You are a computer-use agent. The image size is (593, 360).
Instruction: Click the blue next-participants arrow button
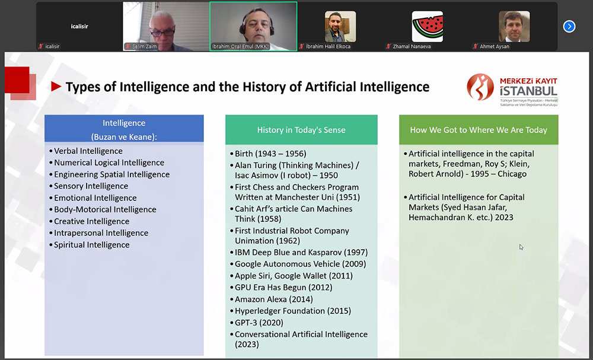point(569,27)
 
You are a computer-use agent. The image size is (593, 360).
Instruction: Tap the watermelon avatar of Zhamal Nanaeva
point(428,27)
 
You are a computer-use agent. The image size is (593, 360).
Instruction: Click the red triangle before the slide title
point(56,87)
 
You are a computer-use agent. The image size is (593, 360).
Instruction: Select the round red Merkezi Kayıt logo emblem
point(480,87)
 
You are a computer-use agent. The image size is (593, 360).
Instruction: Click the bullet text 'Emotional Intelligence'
point(95,197)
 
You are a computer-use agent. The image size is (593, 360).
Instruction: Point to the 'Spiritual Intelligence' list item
point(92,245)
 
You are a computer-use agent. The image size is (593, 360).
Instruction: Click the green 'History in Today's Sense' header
point(301,130)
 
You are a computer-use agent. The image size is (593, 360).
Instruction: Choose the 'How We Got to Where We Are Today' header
point(479,130)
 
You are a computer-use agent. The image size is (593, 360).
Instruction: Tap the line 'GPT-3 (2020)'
point(259,323)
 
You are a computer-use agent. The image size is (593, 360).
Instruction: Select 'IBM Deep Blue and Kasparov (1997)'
point(301,252)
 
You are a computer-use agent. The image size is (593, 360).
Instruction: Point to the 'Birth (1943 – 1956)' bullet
point(270,154)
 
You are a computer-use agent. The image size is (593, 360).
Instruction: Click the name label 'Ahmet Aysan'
point(495,46)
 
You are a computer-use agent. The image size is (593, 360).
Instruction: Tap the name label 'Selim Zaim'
point(145,46)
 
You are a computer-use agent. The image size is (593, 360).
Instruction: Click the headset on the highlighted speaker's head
point(257,23)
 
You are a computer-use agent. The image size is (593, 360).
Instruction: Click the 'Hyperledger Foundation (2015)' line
point(293,311)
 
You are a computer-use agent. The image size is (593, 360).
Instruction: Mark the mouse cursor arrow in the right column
point(521,247)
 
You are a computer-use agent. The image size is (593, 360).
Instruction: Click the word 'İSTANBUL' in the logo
point(528,91)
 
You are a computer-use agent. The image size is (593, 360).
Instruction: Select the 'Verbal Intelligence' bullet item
point(88,151)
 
